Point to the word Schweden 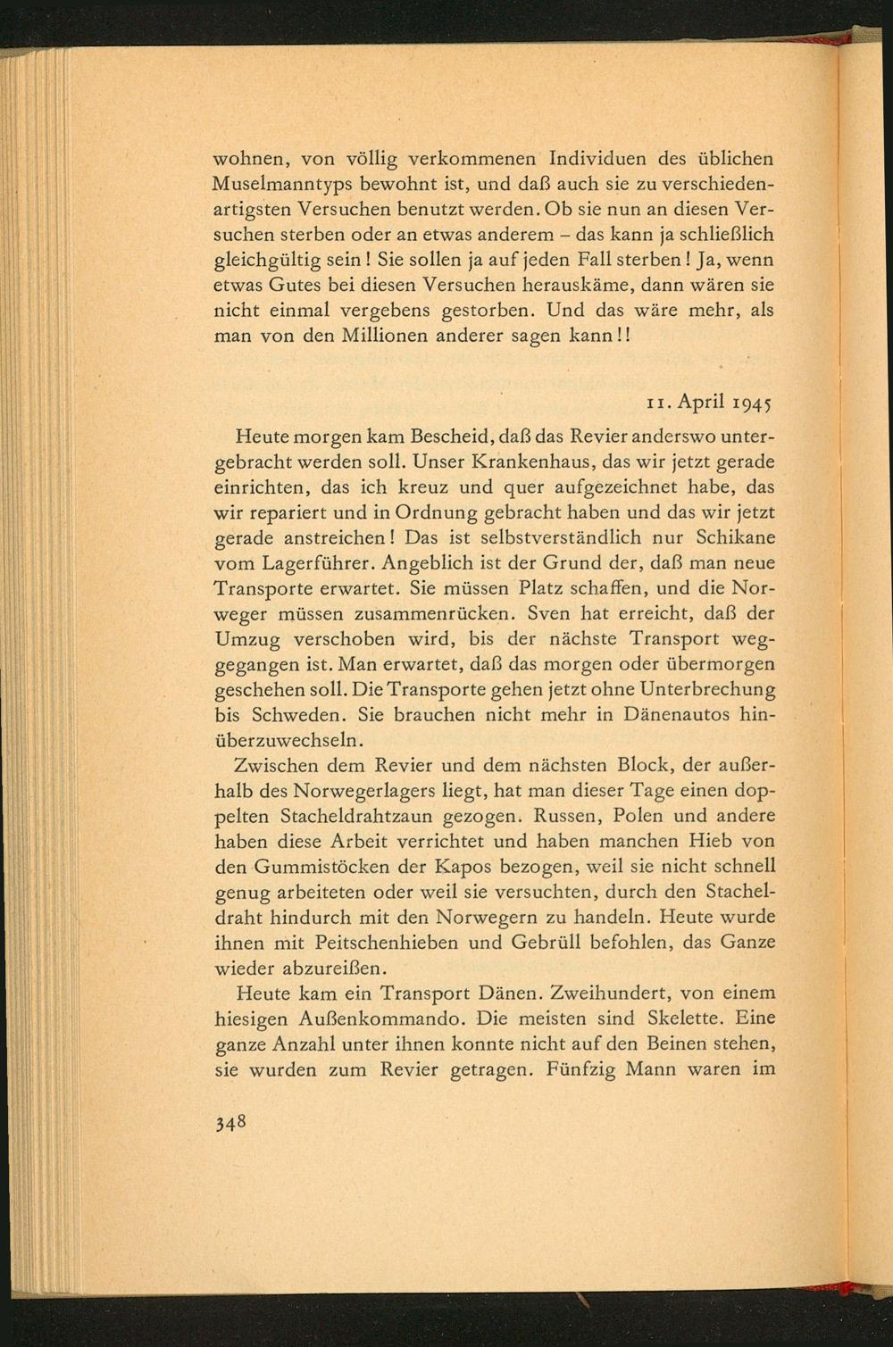click(301, 715)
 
